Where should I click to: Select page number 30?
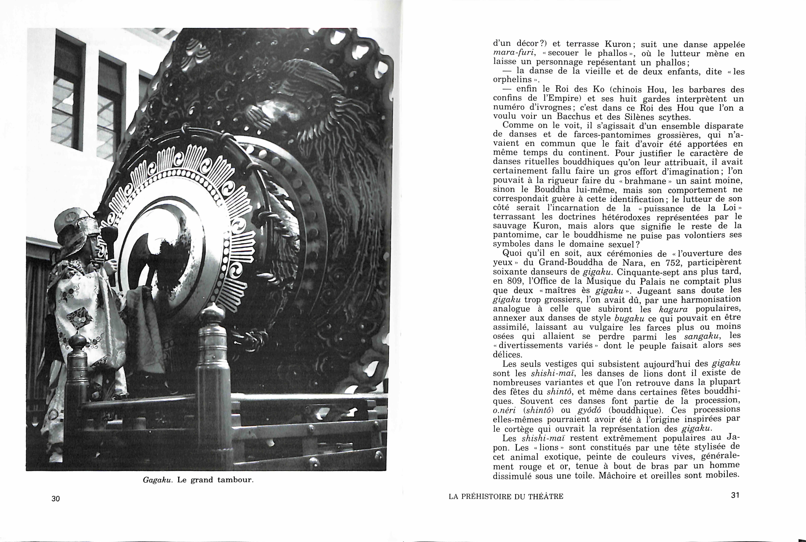coord(56,498)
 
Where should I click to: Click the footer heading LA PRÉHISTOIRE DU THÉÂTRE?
coord(506,497)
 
